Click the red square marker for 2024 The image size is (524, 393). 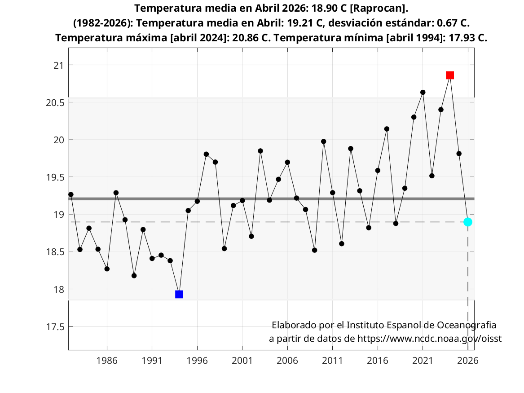(450, 75)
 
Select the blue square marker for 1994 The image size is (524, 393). (179, 294)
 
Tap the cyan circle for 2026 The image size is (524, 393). (468, 222)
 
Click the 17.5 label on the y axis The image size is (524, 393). (55, 327)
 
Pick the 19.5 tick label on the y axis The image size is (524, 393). (55, 177)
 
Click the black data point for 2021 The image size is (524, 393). (423, 93)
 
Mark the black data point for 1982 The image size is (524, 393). (71, 194)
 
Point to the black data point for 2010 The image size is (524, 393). (323, 141)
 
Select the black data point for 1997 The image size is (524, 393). (206, 154)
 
